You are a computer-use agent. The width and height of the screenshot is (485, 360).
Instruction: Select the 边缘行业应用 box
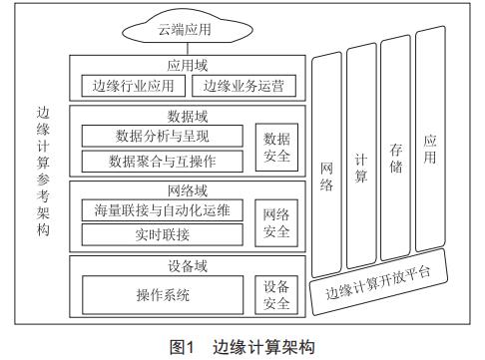click(x=132, y=87)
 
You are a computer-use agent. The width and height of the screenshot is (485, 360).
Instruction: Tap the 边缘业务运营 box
click(x=242, y=87)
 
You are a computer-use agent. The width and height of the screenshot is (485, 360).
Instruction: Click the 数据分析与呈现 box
click(x=163, y=136)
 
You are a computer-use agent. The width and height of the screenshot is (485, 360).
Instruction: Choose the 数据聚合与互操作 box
click(x=163, y=160)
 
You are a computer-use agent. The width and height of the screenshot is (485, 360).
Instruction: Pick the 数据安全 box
click(x=274, y=148)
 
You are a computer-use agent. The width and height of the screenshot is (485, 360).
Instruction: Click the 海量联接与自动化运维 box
click(x=163, y=210)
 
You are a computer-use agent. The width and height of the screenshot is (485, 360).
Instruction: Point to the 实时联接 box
click(x=163, y=234)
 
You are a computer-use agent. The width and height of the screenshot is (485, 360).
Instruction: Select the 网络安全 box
click(x=274, y=222)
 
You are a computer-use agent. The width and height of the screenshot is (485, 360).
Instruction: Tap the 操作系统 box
click(x=163, y=295)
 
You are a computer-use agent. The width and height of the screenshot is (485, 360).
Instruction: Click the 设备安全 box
click(x=274, y=295)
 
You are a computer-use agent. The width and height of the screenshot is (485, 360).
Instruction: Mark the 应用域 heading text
click(x=188, y=65)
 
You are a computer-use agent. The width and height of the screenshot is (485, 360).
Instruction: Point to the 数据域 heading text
click(x=188, y=114)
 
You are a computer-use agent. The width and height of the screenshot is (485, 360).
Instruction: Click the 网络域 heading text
click(x=188, y=188)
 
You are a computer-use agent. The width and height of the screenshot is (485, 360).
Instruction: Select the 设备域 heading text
click(x=188, y=266)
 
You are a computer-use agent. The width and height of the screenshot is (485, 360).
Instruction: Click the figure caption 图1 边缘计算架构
click(x=242, y=347)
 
